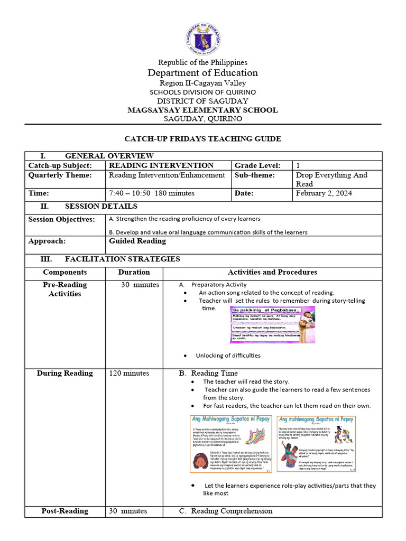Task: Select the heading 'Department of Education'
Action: (203, 73)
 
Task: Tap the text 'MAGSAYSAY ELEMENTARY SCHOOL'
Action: (203, 110)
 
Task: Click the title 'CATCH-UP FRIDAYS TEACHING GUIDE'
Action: (203, 139)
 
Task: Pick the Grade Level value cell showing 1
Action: (299, 165)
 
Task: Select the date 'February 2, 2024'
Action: (324, 193)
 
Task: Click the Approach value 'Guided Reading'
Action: (137, 241)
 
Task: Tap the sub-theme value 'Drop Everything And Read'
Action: (331, 179)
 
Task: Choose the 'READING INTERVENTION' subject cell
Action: (161, 165)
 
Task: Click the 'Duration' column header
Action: (134, 272)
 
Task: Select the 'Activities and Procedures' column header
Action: (272, 272)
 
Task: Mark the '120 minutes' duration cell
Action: (129, 373)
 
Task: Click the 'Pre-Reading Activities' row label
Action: (65, 289)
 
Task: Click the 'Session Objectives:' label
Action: (62, 219)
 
